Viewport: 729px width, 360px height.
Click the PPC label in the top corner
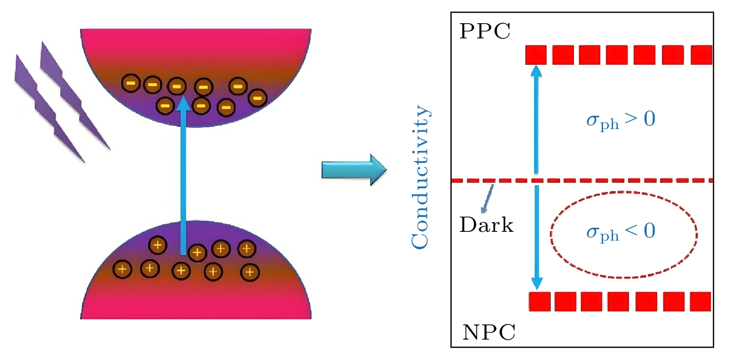click(x=485, y=31)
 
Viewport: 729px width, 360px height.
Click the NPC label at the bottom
click(x=489, y=332)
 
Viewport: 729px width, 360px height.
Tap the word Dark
click(x=486, y=225)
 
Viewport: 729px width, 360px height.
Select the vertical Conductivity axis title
click(x=420, y=177)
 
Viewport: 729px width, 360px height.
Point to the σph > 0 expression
click(x=620, y=120)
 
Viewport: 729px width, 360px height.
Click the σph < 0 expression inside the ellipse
click(x=620, y=232)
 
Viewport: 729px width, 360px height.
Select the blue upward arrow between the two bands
click(x=184, y=176)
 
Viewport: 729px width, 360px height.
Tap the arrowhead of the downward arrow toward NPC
click(x=536, y=283)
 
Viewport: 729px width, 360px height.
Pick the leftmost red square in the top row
click(x=536, y=55)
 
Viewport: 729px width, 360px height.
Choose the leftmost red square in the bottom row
click(x=539, y=301)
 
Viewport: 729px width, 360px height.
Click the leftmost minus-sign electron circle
click(x=131, y=83)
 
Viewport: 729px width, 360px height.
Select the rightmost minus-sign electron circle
click(x=257, y=98)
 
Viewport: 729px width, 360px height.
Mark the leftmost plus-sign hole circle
click(x=122, y=269)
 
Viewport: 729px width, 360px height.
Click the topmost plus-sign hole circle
click(x=157, y=245)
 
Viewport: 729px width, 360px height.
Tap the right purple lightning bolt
click(x=74, y=97)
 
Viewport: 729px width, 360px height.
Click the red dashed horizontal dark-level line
click(x=602, y=180)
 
